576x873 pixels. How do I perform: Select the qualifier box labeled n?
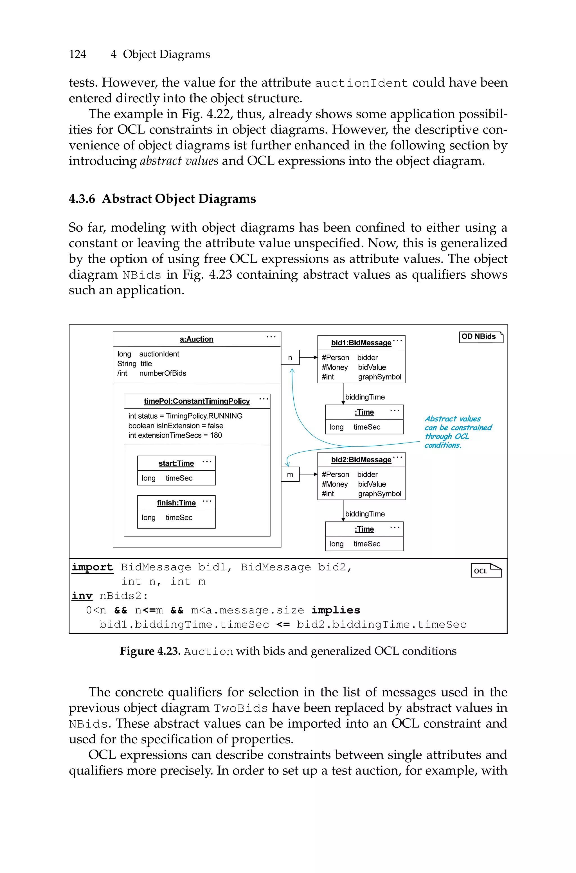[290, 358]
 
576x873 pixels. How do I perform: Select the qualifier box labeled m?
[290, 474]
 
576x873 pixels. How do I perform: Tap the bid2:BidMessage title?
[361, 460]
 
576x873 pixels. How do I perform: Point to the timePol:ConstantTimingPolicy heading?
[197, 401]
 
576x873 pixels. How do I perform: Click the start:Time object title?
[176, 463]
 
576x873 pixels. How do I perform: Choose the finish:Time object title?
[176, 503]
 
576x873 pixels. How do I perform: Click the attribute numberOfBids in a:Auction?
[163, 373]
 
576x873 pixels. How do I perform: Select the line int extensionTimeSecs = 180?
[175, 436]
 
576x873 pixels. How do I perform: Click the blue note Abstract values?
[453, 419]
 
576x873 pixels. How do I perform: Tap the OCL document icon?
[486, 570]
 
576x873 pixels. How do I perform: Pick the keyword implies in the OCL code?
[335, 610]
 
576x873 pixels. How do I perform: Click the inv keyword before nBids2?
[82, 596]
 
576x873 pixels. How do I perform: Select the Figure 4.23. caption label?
[150, 651]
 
